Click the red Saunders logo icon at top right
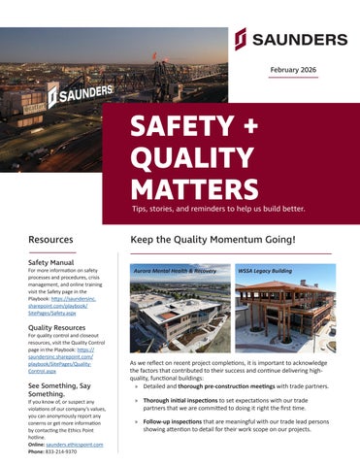(241, 39)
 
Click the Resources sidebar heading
(50, 239)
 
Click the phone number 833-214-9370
(66, 451)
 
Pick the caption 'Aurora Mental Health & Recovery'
(175, 271)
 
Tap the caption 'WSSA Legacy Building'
(265, 271)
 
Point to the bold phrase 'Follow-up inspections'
(176, 422)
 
